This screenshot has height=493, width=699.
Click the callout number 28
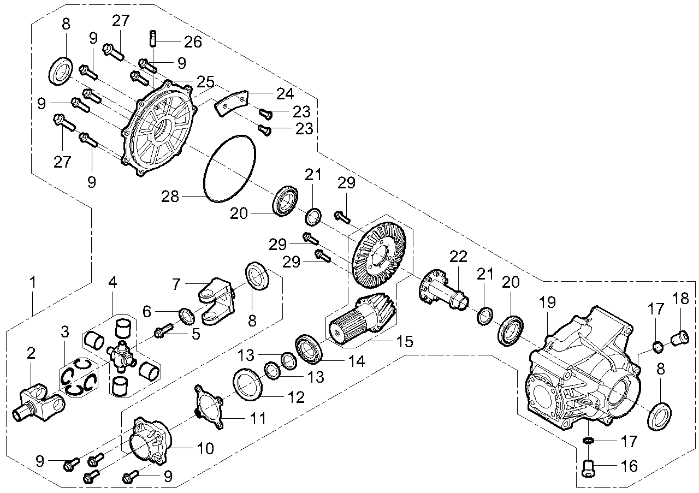coord(170,197)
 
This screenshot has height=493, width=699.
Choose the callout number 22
coord(459,257)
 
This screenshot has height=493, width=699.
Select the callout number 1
coord(33,283)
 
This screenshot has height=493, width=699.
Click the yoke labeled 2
coord(37,404)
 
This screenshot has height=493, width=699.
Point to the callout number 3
coord(65,331)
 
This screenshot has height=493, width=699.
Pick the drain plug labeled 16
coord(588,467)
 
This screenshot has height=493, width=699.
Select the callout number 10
coord(205,449)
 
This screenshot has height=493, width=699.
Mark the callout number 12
coord(297,397)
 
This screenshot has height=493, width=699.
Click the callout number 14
coord(342,361)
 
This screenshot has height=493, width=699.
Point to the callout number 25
coord(206,82)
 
